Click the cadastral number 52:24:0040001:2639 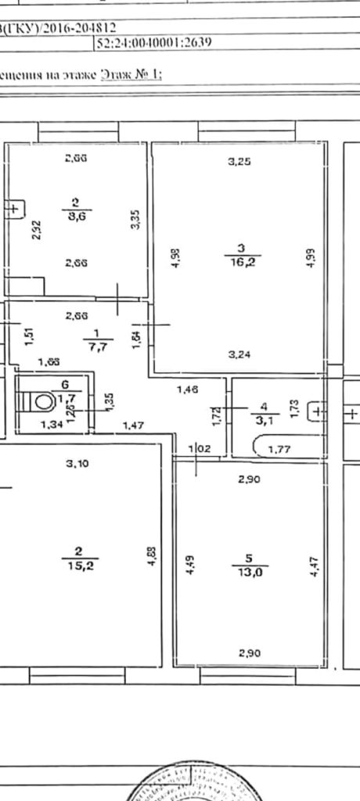click(153, 45)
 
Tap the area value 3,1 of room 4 click(264, 418)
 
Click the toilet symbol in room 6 click(40, 402)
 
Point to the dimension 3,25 click(239, 163)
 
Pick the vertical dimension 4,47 click(314, 565)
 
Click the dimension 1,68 click(49, 361)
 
